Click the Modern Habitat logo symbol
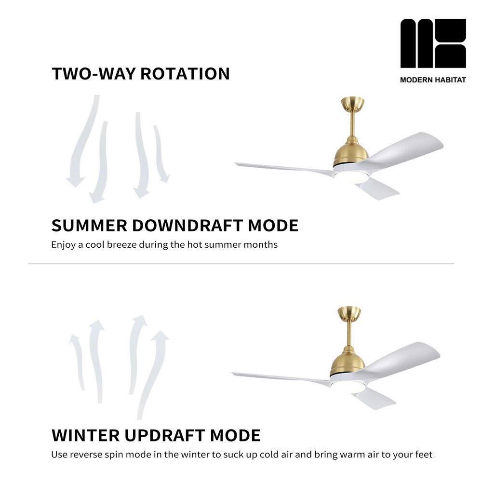433,43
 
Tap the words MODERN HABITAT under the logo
433,80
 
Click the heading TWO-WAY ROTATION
141,74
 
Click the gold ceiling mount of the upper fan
352,104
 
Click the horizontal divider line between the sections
241,264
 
